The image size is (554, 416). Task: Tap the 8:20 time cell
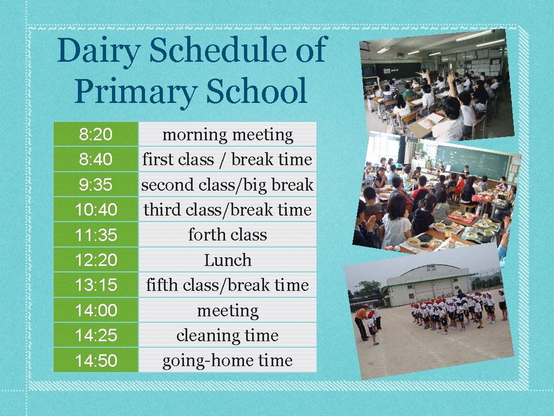96,134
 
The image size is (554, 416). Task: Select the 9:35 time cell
96,185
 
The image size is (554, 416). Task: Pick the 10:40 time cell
96,210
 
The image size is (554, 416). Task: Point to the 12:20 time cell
96,260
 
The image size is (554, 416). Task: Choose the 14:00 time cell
96,310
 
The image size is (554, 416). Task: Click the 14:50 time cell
96,361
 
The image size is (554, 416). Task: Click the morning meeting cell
227,134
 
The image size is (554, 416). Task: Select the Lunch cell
227,260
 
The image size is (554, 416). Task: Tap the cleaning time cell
227,335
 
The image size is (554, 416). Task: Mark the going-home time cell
227,361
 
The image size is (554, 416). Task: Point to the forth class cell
227,235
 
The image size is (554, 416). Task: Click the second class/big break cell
227,185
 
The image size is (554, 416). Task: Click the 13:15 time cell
96,285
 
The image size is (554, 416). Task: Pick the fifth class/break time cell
227,285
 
